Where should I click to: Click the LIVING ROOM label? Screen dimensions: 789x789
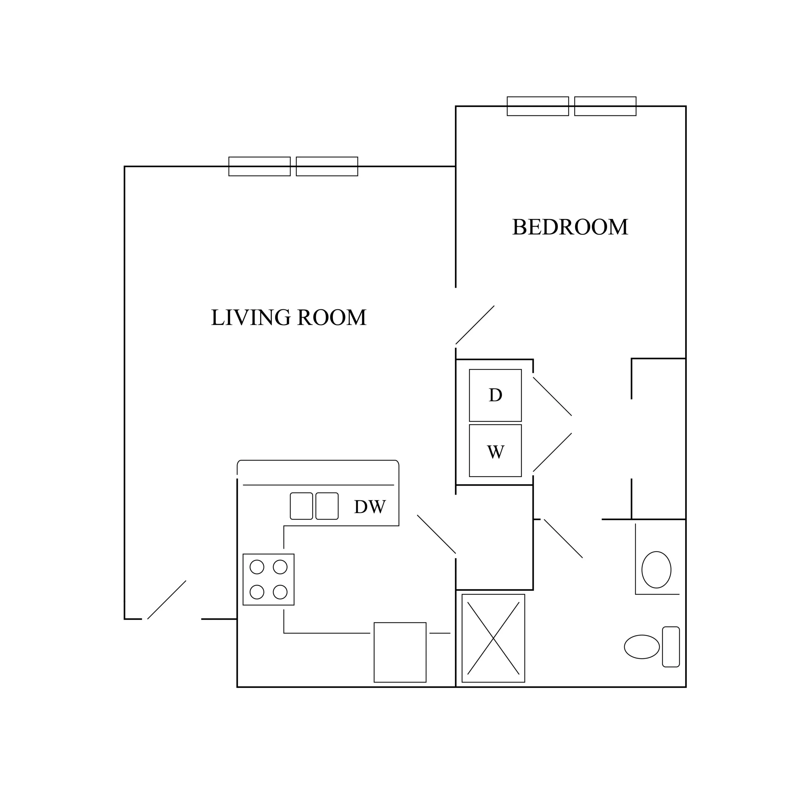[289, 317]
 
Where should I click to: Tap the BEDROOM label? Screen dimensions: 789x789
[570, 227]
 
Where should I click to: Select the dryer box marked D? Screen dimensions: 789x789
[495, 395]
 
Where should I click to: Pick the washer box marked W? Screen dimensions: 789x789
[495, 451]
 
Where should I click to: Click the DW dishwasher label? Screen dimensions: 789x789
[370, 507]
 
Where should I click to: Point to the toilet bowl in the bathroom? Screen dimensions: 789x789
[642, 647]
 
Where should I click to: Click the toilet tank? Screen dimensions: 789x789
[671, 647]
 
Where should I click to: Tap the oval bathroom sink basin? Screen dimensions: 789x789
[656, 570]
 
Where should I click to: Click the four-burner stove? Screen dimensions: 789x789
[268, 579]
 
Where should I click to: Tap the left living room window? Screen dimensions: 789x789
[259, 166]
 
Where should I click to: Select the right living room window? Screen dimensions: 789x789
[327, 166]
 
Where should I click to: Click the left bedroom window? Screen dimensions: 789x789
[538, 106]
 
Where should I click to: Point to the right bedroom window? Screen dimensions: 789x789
[605, 106]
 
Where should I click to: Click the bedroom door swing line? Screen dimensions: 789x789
[475, 325]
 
